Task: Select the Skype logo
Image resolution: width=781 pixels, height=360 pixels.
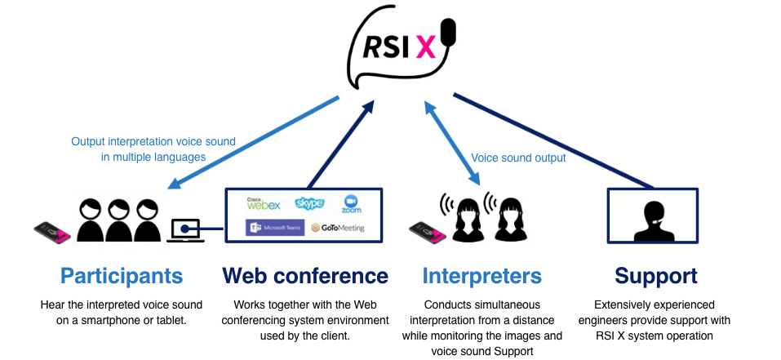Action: (310, 202)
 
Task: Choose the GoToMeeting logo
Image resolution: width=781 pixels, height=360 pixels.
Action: (337, 228)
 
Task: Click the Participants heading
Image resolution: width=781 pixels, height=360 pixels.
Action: (122, 275)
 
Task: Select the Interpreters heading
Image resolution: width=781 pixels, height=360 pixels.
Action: (482, 275)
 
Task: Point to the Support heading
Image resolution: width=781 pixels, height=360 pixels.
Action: (657, 275)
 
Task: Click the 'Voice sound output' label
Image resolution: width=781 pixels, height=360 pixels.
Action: (518, 158)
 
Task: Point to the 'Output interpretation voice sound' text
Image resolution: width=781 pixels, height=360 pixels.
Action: (153, 141)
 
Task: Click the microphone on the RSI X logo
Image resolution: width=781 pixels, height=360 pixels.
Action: (446, 33)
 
